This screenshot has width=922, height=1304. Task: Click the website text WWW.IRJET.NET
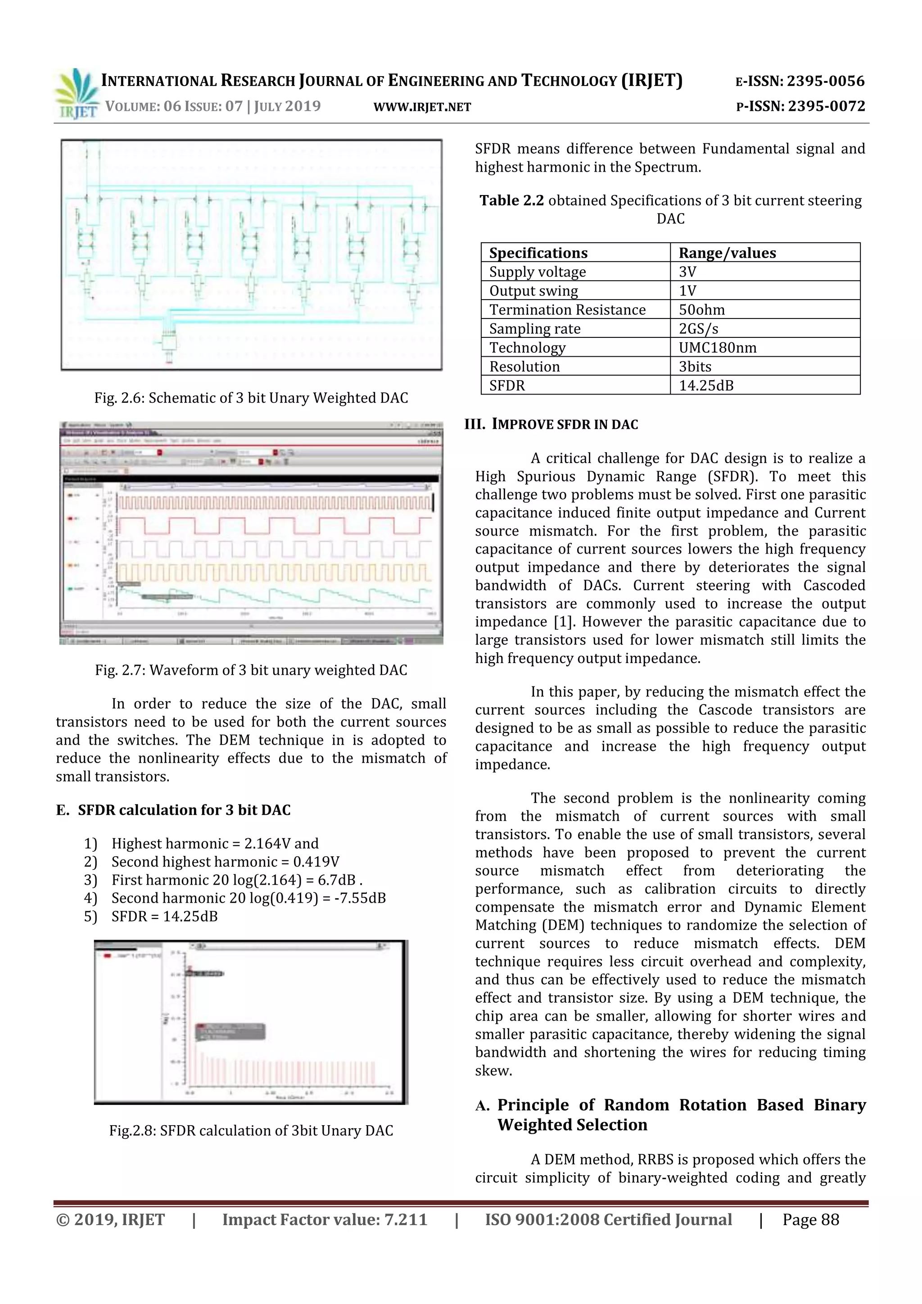pos(422,107)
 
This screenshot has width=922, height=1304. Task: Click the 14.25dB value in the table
pos(706,386)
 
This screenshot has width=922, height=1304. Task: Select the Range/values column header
pos(727,253)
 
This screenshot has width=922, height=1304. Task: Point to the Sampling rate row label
pos(535,329)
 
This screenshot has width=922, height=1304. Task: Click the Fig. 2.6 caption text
pos(251,398)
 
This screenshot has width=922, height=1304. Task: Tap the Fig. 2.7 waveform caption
pos(251,670)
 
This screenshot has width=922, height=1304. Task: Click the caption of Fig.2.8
pos(251,1131)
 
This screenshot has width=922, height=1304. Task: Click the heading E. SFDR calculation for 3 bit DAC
pos(173,810)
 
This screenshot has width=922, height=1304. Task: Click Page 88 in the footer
pos(810,1220)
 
